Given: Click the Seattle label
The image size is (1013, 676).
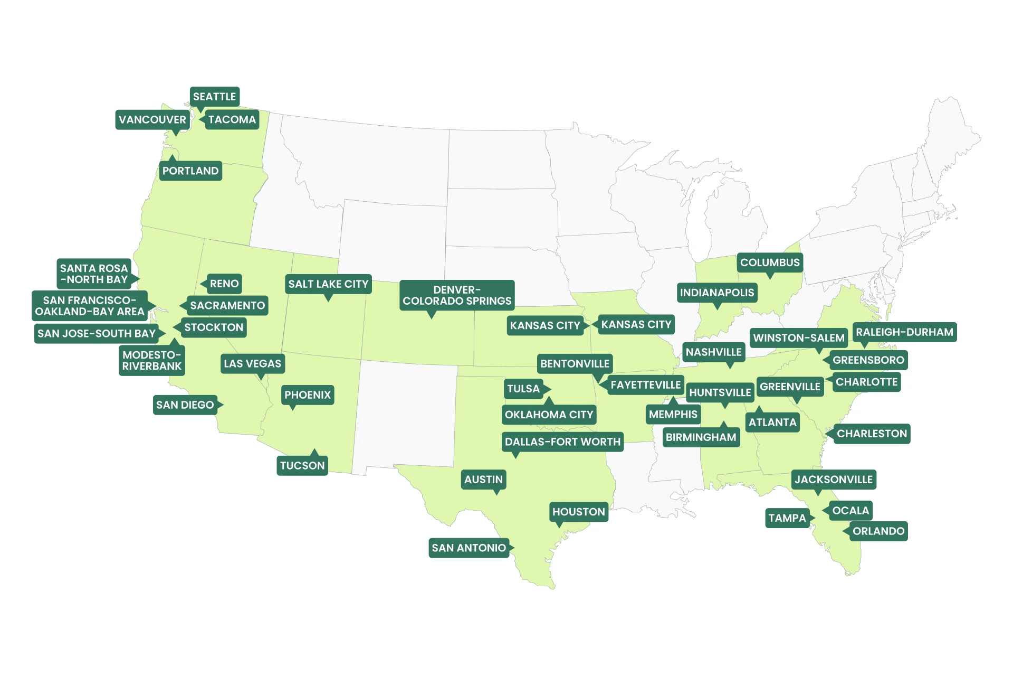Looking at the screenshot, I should (214, 97).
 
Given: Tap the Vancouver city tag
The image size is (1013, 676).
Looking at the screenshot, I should (152, 120).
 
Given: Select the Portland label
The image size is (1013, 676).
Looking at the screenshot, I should (190, 171).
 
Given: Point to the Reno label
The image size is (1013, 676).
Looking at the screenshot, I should (224, 284).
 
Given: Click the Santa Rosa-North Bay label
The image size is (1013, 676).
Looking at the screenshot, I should (94, 274).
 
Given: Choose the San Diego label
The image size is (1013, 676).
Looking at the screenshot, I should (185, 405).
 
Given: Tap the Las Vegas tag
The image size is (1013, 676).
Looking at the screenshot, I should (252, 363).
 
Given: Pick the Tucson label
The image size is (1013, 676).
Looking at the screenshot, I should (302, 465).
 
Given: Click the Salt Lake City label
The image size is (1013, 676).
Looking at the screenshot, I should (328, 284).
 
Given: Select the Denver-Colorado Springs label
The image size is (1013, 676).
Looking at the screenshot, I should (457, 295).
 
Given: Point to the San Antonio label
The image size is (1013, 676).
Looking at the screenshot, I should (469, 548).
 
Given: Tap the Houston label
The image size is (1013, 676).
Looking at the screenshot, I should (578, 512).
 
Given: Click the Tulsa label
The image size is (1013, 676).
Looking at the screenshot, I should (523, 389).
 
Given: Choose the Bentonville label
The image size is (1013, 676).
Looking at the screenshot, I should (575, 363).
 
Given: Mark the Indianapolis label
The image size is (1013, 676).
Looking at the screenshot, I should (717, 293).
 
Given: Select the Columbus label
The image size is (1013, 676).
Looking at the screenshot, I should (770, 262).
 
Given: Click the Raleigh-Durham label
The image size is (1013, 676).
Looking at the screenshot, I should (904, 332).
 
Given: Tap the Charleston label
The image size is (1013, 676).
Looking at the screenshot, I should (872, 434).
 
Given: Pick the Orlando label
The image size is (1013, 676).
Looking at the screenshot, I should (878, 531).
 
